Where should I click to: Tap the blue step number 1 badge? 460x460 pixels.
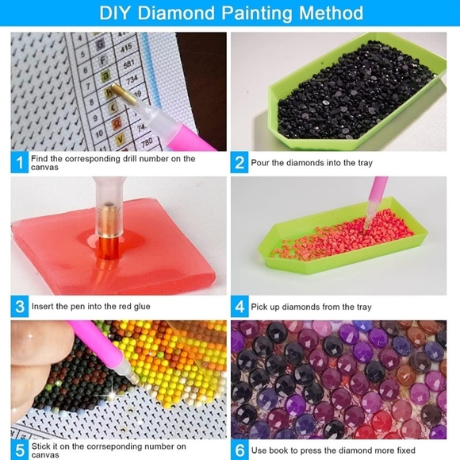point(17,163)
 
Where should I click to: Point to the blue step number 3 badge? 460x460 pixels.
point(17,307)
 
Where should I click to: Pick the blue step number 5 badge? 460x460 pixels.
point(17,450)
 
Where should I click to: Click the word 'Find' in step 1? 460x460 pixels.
point(39,159)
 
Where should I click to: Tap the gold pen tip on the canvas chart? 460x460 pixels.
point(117,93)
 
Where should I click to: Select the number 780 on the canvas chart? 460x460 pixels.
point(146,143)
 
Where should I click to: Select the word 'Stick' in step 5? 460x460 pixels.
point(40,446)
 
